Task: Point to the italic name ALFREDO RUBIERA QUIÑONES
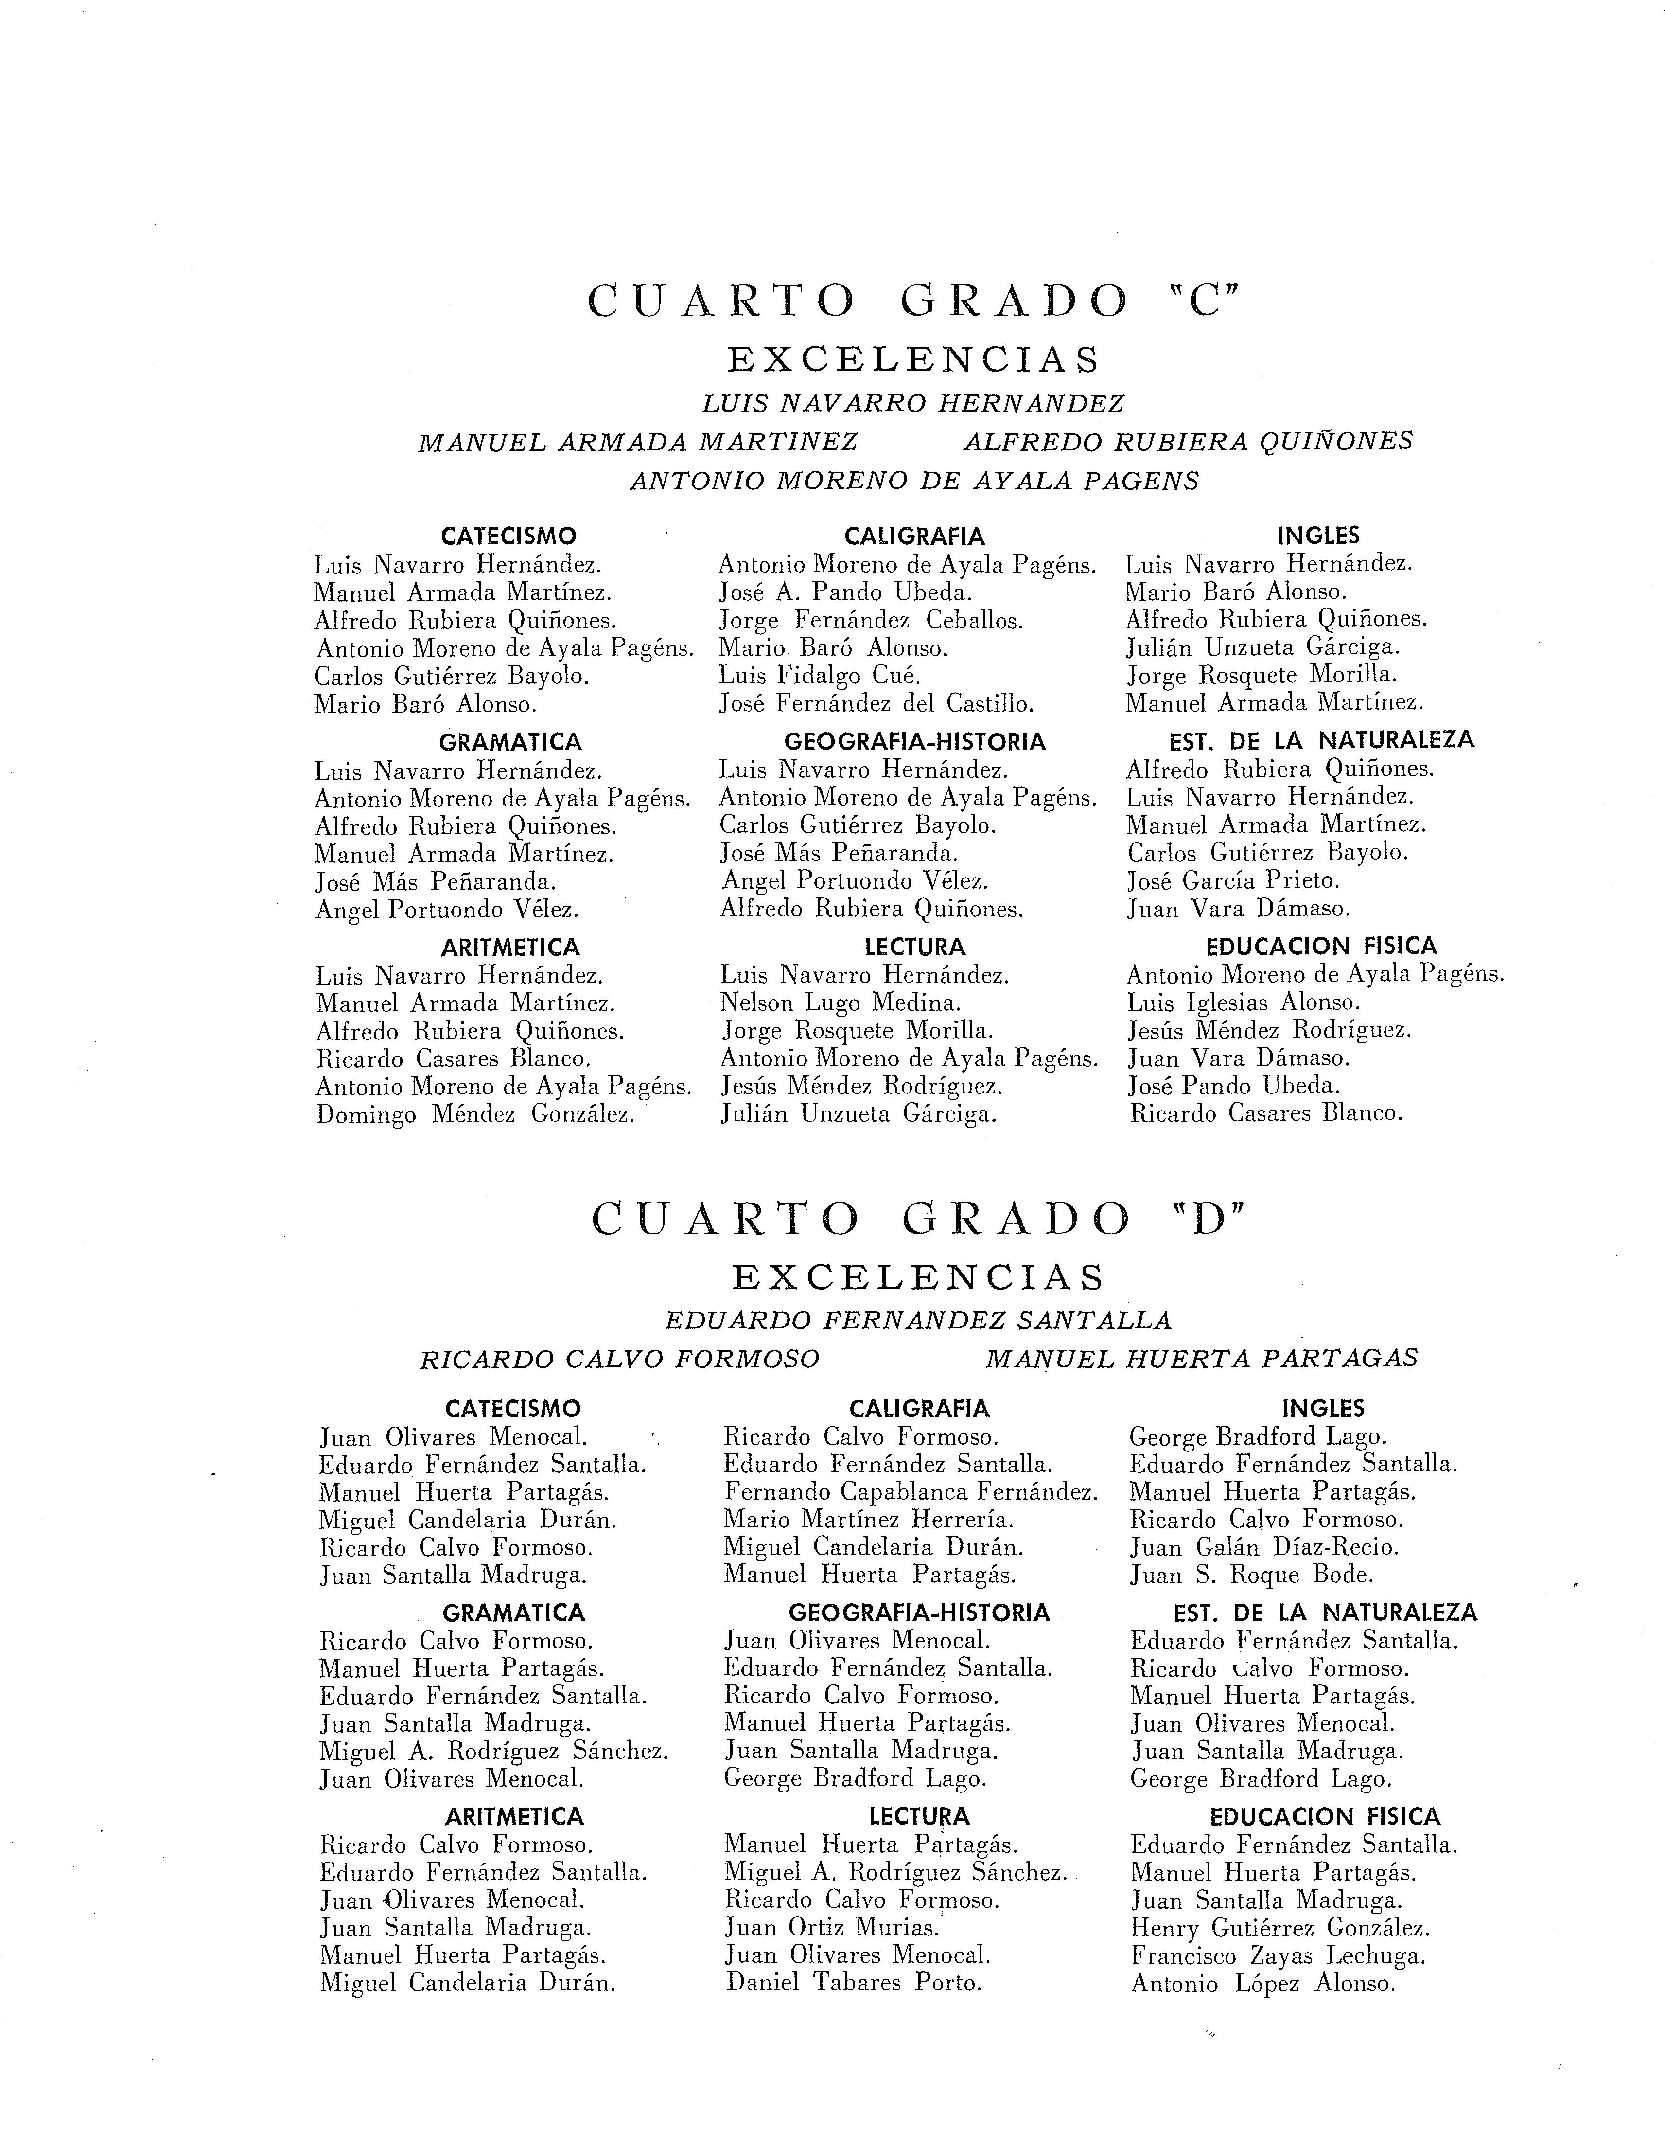click(1188, 442)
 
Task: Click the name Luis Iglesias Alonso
click(1243, 1003)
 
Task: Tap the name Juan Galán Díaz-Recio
click(1263, 1547)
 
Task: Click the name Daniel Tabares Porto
click(854, 1983)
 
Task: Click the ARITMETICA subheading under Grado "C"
click(510, 948)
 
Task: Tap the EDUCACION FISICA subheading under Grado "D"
click(1325, 1817)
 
